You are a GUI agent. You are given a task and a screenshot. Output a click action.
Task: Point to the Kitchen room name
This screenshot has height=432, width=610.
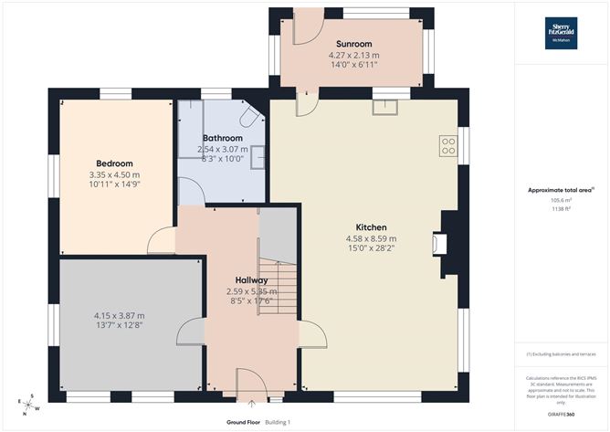click(x=372, y=227)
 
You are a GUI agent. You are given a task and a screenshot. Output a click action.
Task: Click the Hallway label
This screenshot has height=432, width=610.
click(x=251, y=280)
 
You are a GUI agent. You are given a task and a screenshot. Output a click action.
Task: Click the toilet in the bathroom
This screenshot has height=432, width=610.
click(x=250, y=117)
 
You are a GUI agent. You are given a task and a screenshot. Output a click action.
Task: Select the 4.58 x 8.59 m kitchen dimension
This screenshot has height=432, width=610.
click(x=372, y=239)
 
